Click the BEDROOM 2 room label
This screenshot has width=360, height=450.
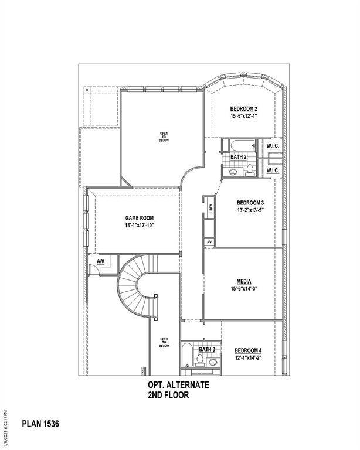pyautogui.click(x=243, y=109)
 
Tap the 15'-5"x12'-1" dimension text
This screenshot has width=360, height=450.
pyautogui.click(x=243, y=117)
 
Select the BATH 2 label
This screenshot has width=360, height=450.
pyautogui.click(x=238, y=157)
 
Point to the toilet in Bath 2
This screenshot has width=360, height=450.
pyautogui.click(x=250, y=170)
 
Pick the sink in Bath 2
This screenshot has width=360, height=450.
pyautogui.click(x=232, y=171)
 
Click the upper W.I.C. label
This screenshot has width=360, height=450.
pyautogui.click(x=272, y=146)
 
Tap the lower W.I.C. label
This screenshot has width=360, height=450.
pyautogui.click(x=272, y=170)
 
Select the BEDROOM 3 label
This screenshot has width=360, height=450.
pyautogui.click(x=243, y=203)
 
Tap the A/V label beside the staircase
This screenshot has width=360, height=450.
pyautogui.click(x=100, y=261)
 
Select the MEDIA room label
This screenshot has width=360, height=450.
pyautogui.click(x=244, y=281)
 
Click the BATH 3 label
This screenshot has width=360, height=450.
pyautogui.click(x=207, y=350)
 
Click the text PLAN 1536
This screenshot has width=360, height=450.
pyautogui.click(x=40, y=422)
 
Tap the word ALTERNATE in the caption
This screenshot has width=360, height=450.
pyautogui.click(x=187, y=386)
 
